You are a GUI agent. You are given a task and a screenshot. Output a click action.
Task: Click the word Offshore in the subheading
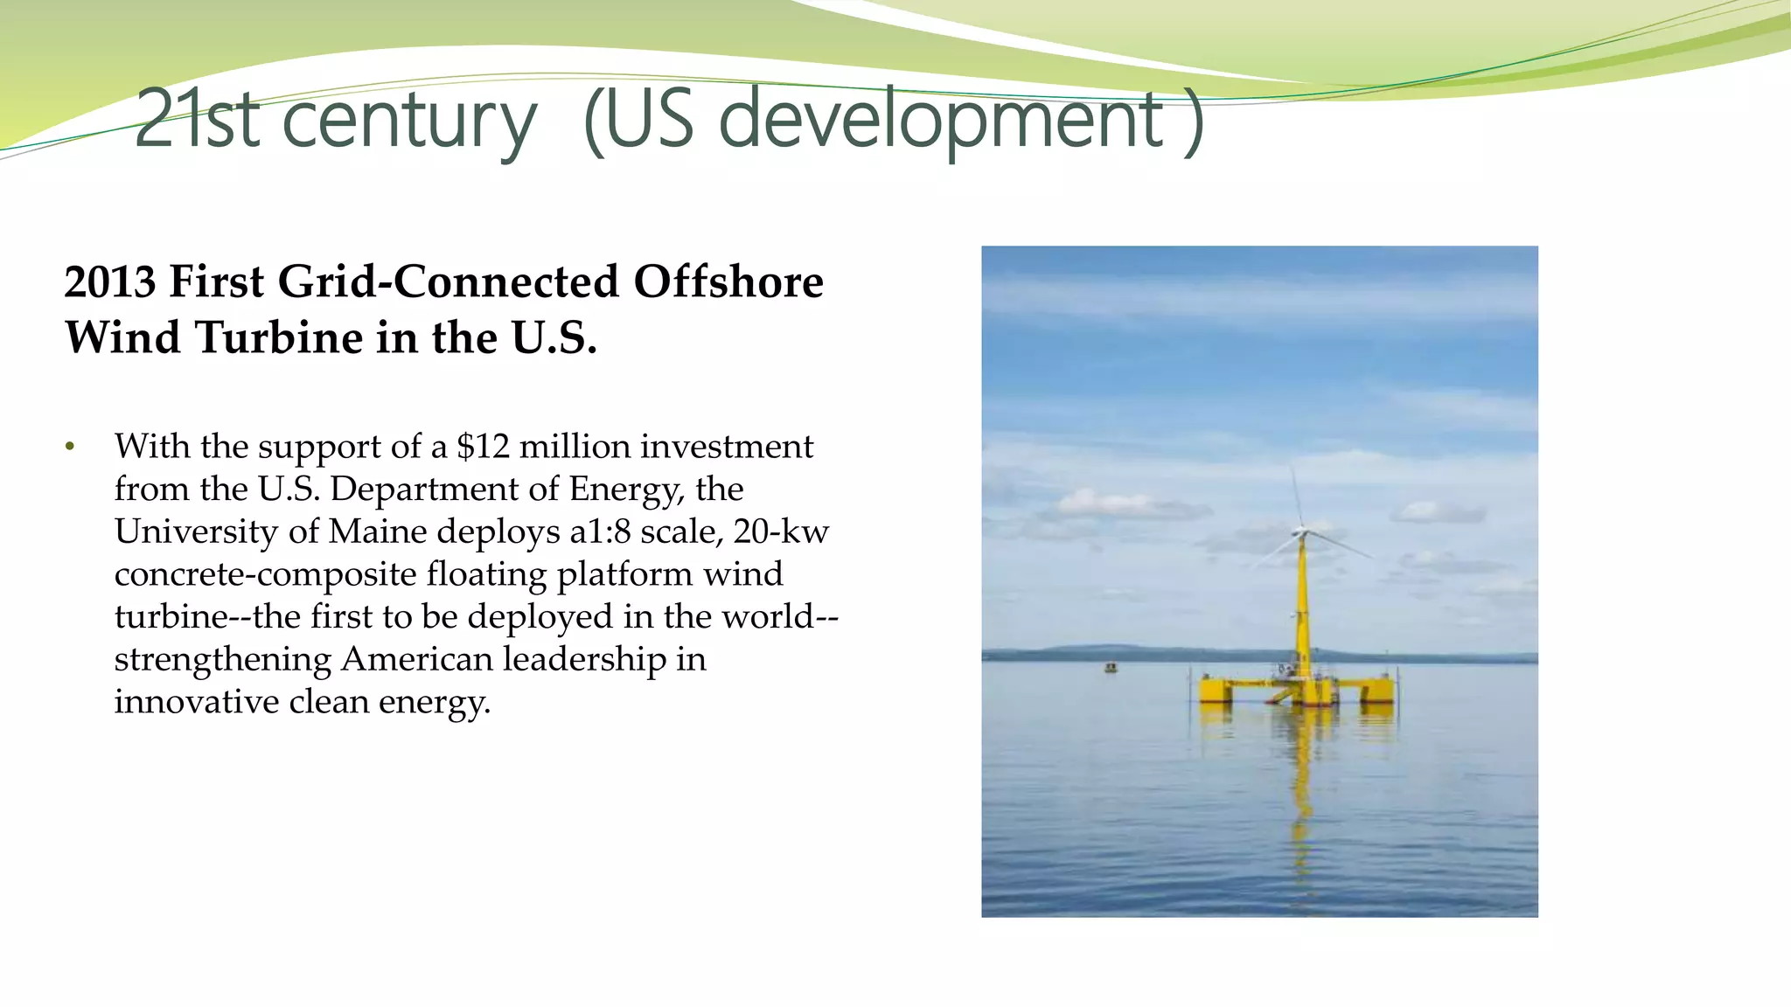[728, 282]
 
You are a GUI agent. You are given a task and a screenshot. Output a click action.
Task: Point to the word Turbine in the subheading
[279, 338]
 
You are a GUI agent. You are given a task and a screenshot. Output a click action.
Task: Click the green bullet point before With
[70, 448]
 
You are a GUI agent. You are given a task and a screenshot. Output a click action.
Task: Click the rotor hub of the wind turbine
[1301, 531]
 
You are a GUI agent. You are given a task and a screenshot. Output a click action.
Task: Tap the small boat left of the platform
[1111, 668]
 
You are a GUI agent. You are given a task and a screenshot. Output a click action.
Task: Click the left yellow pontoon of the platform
[1216, 690]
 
